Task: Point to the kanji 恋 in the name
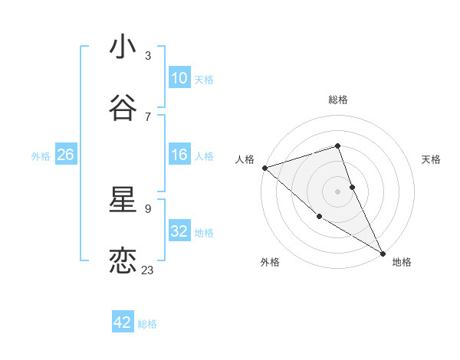[x=123, y=261]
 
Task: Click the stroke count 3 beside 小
[x=148, y=56]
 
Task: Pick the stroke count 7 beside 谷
[x=148, y=116]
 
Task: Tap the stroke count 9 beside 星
[x=148, y=208]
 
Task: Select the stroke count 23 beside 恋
[x=148, y=270]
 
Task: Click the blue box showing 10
[x=179, y=78]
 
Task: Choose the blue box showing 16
[x=179, y=155]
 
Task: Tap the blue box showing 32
[x=179, y=231]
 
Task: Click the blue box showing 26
[x=65, y=155]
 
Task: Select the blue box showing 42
[x=123, y=322]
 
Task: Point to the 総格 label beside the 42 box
[x=147, y=324]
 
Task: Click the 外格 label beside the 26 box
[x=41, y=156]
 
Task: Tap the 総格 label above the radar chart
[x=338, y=100]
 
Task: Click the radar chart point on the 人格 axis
[x=264, y=168]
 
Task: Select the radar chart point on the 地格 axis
[x=383, y=252]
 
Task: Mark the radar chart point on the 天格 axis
[x=352, y=187]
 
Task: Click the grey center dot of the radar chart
[x=338, y=191]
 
